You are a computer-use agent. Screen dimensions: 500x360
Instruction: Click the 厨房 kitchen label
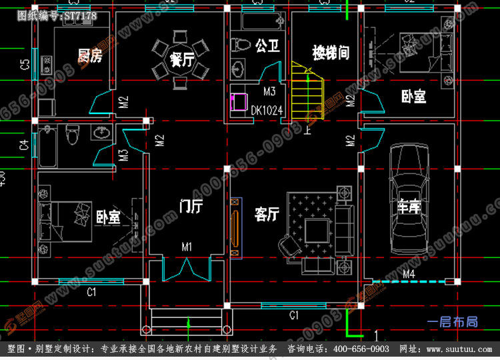coord(90,55)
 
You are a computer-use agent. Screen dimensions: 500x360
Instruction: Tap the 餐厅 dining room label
coord(181,60)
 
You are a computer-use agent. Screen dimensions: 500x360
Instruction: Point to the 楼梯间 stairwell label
coord(331,52)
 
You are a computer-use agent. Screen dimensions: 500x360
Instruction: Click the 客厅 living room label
coord(266,214)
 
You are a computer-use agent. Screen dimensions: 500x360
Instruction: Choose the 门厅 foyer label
coord(191,206)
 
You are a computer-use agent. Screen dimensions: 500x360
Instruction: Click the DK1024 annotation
coord(267,110)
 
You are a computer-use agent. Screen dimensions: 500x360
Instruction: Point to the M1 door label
coord(187,247)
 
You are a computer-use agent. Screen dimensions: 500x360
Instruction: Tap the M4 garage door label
coord(409,274)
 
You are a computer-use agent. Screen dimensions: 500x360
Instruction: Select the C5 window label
coord(25,65)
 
